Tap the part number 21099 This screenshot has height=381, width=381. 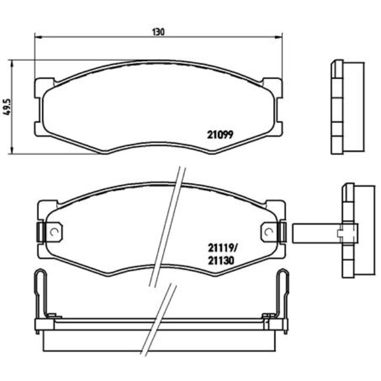tap(220, 134)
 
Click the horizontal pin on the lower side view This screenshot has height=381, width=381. tap(317, 233)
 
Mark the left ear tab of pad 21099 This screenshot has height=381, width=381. tap(40, 106)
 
